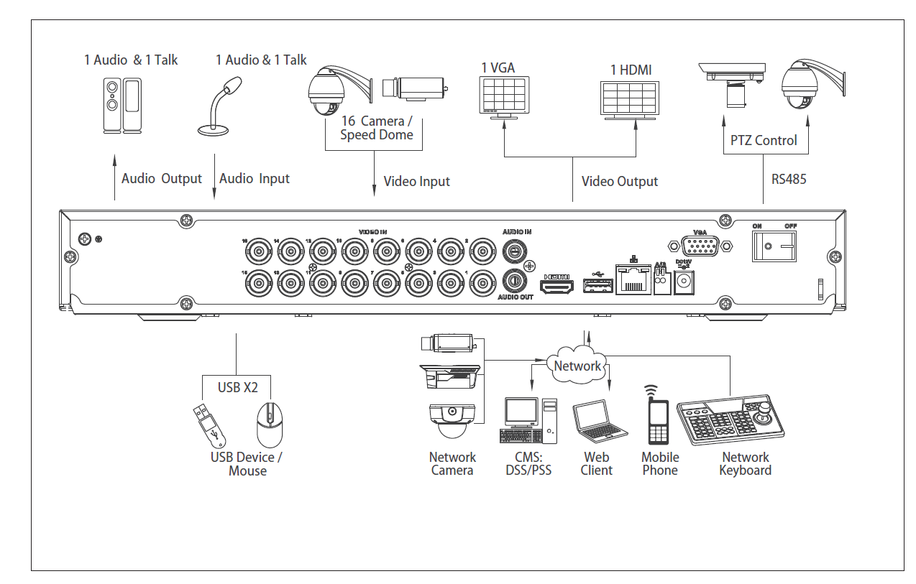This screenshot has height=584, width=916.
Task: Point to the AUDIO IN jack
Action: (514, 251)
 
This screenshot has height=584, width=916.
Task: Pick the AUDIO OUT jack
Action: (514, 280)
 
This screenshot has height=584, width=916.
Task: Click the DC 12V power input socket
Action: (684, 282)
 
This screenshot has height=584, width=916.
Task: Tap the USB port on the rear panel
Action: (595, 287)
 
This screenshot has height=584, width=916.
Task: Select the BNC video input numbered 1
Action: (482, 284)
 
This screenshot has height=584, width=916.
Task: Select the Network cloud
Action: (577, 365)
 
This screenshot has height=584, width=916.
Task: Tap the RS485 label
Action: (789, 179)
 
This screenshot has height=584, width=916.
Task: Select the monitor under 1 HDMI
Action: (629, 101)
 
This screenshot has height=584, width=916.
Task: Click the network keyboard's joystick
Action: (765, 413)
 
